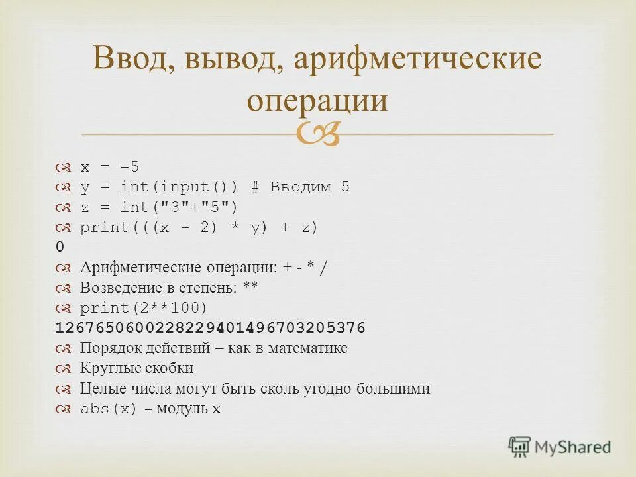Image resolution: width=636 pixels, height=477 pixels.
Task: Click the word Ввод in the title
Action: click(x=129, y=60)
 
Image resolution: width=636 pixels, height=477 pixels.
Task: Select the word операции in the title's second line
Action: click(x=317, y=101)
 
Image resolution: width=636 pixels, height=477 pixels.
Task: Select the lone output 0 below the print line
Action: click(x=60, y=247)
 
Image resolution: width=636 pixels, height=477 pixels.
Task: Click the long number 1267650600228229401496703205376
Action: click(x=211, y=328)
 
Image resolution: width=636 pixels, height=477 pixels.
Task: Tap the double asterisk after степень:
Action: click(x=250, y=288)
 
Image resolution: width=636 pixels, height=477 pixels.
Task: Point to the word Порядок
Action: click(x=106, y=348)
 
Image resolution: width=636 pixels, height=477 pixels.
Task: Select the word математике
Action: click(x=307, y=348)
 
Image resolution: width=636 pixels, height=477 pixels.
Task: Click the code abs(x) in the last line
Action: click(x=109, y=409)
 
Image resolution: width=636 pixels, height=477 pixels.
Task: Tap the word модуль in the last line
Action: click(x=180, y=409)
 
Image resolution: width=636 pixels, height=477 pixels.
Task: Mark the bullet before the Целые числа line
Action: click(x=64, y=389)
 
